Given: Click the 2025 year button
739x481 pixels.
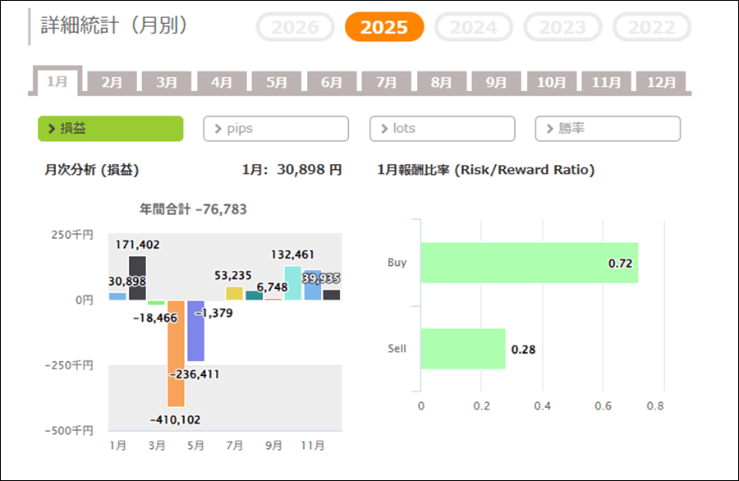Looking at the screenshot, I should [383, 27].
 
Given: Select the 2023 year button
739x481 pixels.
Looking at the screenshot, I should [562, 27].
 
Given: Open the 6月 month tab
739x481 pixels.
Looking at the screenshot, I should [332, 82].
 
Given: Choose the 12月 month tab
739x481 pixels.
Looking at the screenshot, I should [661, 82].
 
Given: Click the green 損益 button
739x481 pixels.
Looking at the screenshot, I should [110, 129].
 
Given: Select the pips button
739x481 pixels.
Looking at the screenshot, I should [276, 129].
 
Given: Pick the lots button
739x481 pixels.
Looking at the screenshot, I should [442, 129].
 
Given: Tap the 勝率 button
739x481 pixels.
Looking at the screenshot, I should [608, 129].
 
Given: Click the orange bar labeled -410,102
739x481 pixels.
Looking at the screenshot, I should [176, 353].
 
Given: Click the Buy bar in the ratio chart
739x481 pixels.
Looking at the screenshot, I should [529, 263].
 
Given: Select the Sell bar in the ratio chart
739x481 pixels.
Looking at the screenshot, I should [462, 349].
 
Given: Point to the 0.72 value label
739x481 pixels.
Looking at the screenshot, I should [618, 263].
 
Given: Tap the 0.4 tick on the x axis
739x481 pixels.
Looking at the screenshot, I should [542, 405].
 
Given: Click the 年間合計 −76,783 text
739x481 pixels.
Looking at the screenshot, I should [194, 209].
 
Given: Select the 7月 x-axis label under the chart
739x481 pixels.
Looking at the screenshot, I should [234, 446].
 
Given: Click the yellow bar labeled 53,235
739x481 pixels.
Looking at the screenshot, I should [234, 293].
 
